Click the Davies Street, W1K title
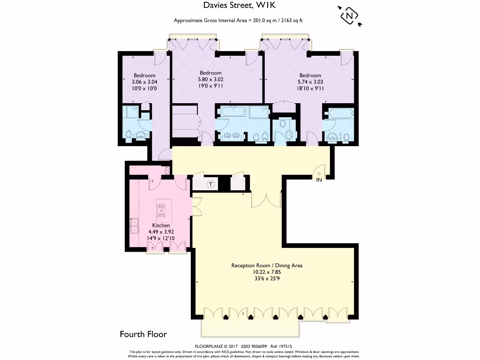[x=240, y=6]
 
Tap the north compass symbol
[x=349, y=16]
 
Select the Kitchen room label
[x=161, y=225]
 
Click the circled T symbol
[x=210, y=184]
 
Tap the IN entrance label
[x=319, y=180]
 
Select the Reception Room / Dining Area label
[x=267, y=265]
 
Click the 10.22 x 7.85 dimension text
[x=267, y=272]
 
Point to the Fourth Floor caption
[x=143, y=334]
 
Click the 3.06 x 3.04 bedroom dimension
[x=144, y=82]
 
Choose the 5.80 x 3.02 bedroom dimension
[x=210, y=79]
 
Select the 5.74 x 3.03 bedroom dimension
[x=310, y=82]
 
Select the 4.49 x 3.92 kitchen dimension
[x=161, y=232]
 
